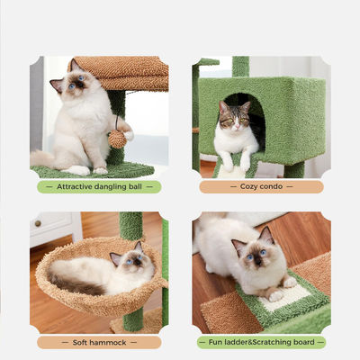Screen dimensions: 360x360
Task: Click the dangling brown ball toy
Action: pos(117,139)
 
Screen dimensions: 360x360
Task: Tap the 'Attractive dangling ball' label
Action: pos(99,186)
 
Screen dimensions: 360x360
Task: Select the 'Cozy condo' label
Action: pos(261,186)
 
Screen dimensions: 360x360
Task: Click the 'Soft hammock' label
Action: pos(99,342)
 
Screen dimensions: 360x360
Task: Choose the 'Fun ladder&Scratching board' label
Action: pos(261,342)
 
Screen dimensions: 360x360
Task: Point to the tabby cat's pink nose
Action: pos(238,126)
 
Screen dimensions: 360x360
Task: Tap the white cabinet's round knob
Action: pos(38,223)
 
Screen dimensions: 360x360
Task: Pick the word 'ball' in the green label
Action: pos(135,186)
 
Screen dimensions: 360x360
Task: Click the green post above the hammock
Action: pos(130,227)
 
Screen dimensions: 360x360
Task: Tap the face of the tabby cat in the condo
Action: pos(236,120)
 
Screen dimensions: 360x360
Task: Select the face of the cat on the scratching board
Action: pos(256,255)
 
